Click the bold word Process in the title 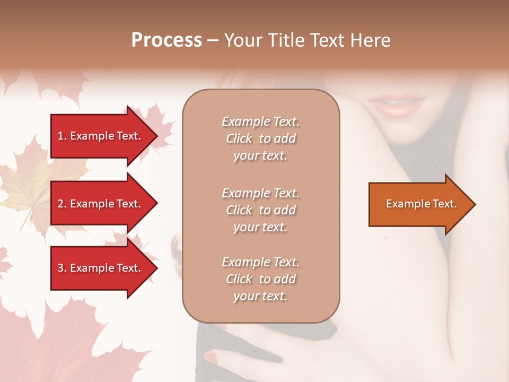[166, 40]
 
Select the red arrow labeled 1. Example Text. [101, 136]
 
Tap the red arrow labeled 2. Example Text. [101, 204]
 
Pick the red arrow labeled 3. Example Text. [101, 268]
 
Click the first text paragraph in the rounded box [260, 138]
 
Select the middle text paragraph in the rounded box [260, 210]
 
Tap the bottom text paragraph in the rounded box [260, 279]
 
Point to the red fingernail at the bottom [211, 356]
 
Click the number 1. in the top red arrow [62, 136]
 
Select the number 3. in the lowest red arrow [62, 268]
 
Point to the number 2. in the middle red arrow [62, 204]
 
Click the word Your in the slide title [242, 40]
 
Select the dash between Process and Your [213, 41]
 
